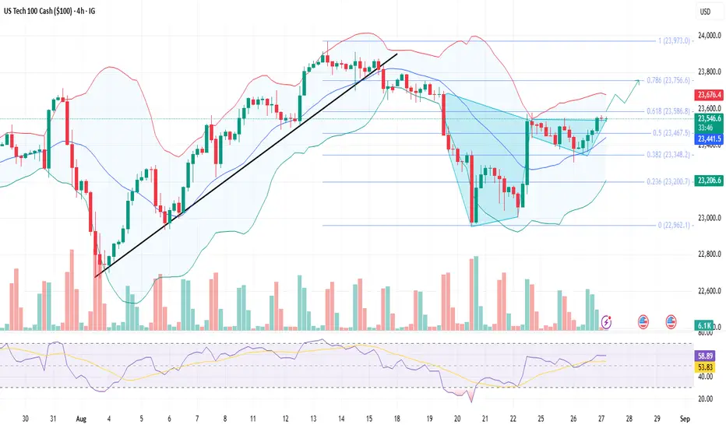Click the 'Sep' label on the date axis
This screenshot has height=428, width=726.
click(x=684, y=418)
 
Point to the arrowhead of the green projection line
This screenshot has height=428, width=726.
click(x=639, y=80)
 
